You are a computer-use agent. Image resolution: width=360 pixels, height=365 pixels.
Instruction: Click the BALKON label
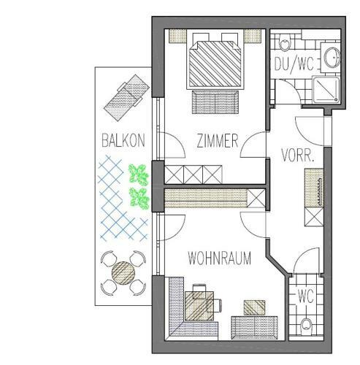(123, 140)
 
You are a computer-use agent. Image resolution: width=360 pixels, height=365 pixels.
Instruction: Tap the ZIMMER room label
(218, 141)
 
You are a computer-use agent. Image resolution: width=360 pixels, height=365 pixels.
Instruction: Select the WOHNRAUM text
(219, 258)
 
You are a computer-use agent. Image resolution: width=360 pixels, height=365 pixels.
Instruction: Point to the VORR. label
(297, 155)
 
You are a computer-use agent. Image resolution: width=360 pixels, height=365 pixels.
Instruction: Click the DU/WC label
(294, 64)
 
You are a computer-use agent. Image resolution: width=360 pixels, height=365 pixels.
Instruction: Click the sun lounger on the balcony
(126, 98)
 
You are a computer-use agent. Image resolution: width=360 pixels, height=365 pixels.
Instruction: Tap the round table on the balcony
(123, 273)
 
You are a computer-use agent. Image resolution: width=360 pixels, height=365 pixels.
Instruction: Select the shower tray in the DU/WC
(326, 90)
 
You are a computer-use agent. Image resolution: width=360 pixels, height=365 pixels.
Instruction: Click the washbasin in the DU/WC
(331, 58)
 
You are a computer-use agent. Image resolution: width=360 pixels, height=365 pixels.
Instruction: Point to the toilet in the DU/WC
(284, 42)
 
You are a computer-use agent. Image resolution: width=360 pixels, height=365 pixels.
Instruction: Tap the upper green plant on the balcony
(139, 174)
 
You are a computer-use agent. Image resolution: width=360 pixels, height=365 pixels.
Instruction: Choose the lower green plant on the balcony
(139, 198)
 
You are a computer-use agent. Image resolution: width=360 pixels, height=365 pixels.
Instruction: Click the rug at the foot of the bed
(215, 102)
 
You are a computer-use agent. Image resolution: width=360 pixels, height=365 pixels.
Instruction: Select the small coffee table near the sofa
(254, 307)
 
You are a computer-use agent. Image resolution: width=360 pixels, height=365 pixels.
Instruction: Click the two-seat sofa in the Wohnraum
(254, 328)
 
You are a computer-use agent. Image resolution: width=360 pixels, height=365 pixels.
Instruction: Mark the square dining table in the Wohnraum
(199, 306)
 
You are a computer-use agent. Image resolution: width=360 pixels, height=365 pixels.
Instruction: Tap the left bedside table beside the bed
(177, 36)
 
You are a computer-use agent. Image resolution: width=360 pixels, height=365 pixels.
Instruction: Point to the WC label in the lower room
(306, 296)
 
